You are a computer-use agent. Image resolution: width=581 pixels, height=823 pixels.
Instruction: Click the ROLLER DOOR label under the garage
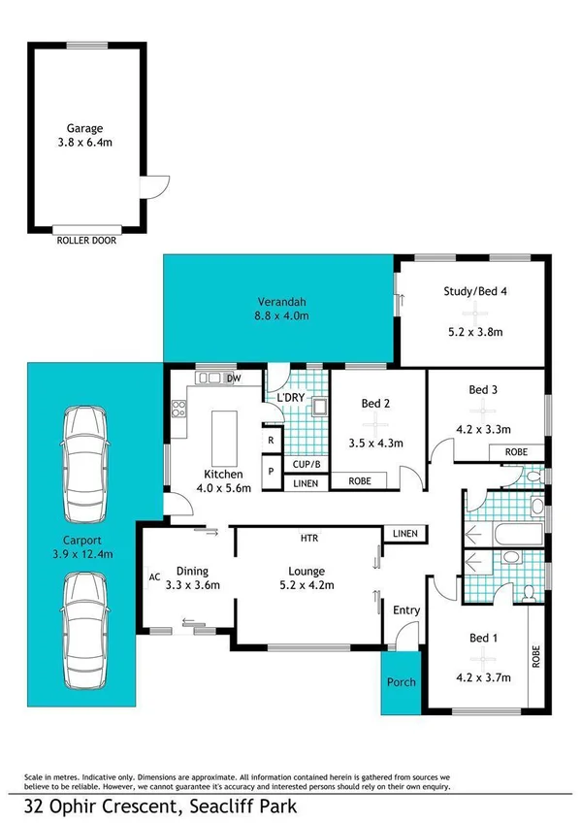[x=86, y=240]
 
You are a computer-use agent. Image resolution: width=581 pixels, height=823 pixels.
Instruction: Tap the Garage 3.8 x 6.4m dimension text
[x=84, y=143]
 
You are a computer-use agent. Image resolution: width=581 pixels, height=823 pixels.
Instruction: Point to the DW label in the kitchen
[x=233, y=379]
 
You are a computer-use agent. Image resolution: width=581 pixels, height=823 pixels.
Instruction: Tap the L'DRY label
[x=292, y=399]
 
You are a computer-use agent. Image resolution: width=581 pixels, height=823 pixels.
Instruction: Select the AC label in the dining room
[x=153, y=576]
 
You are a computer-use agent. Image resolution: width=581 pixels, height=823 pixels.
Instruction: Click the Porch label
[x=401, y=682]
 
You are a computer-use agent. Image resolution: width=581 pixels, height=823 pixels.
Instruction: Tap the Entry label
[x=405, y=609]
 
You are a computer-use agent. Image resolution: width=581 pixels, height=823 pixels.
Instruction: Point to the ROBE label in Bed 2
[x=360, y=480]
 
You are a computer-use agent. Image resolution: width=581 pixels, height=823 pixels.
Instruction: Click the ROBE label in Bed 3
[x=514, y=452]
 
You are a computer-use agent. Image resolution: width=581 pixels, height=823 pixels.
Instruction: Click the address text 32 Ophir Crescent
[x=105, y=806]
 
